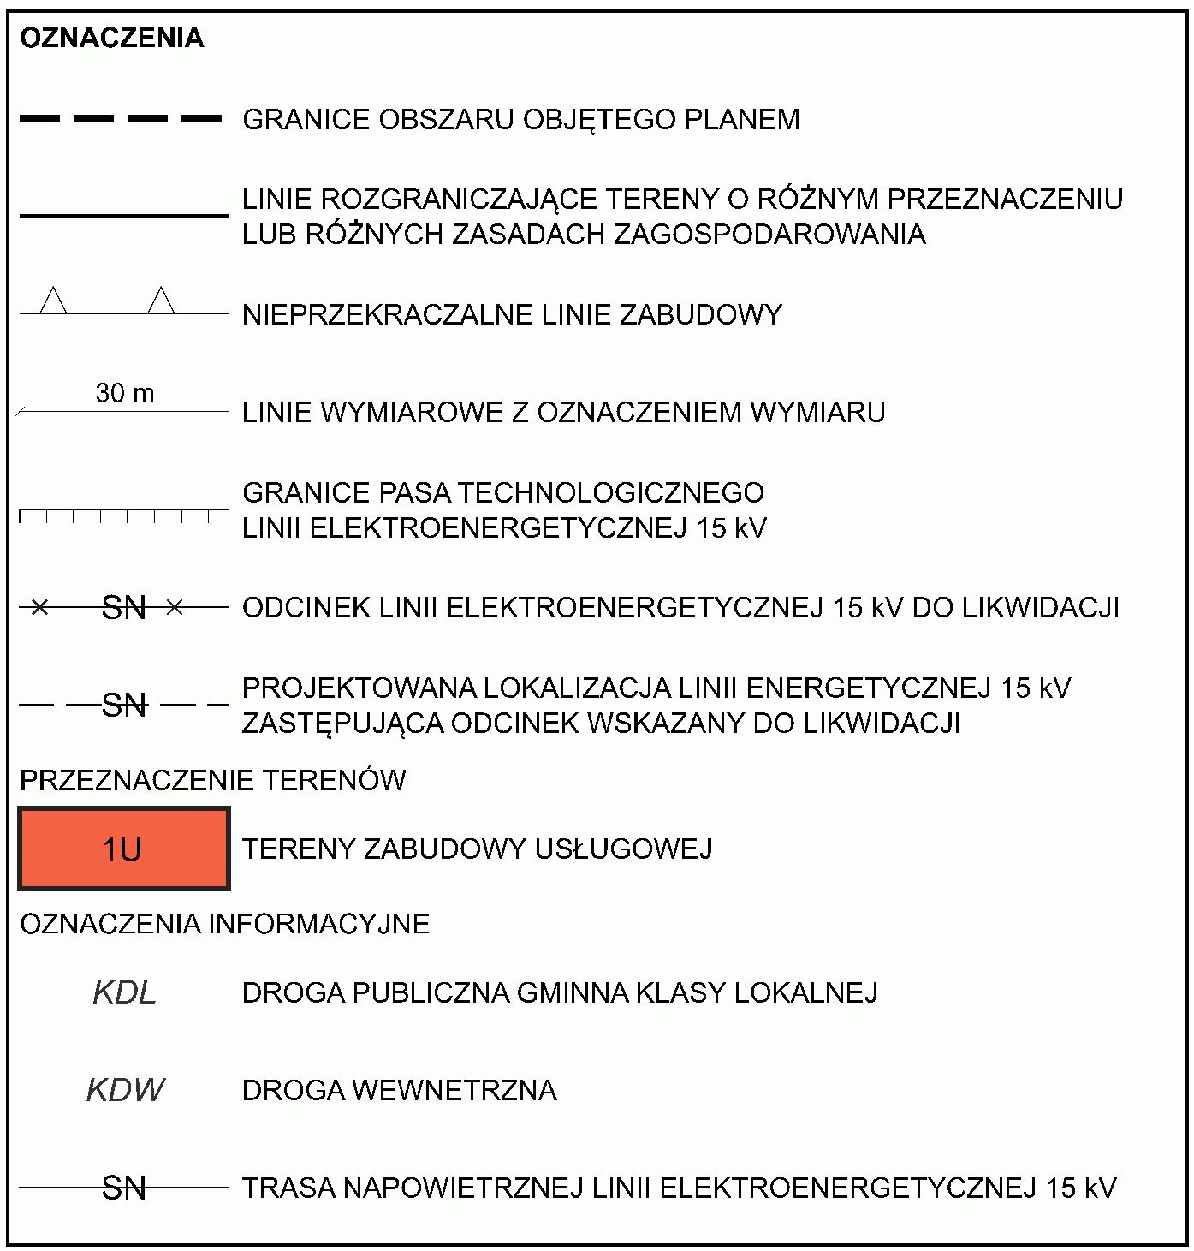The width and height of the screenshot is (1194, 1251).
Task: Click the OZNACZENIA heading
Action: pos(111,39)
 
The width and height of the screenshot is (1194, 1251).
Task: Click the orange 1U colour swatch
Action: pos(124,849)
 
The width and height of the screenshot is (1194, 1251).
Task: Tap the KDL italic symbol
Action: pos(124,992)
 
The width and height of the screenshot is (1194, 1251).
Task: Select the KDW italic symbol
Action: pos(125,1090)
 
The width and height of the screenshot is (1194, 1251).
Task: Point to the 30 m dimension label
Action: pos(125,393)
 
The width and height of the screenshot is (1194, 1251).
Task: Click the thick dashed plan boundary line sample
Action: pos(121,120)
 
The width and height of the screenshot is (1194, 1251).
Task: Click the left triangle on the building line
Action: pos(54,302)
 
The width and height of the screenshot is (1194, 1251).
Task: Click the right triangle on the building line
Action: pos(161,302)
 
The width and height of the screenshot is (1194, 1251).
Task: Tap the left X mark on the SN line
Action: pos(39,608)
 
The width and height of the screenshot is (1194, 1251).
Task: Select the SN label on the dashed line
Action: pos(124,706)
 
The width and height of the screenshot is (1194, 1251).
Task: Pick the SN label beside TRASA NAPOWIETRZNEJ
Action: pos(124,1188)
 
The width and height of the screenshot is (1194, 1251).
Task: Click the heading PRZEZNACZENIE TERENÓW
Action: pos(212,781)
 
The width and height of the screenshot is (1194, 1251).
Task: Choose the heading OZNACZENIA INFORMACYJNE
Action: pos(224,924)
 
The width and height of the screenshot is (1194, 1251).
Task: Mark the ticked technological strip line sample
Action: pos(124,513)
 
